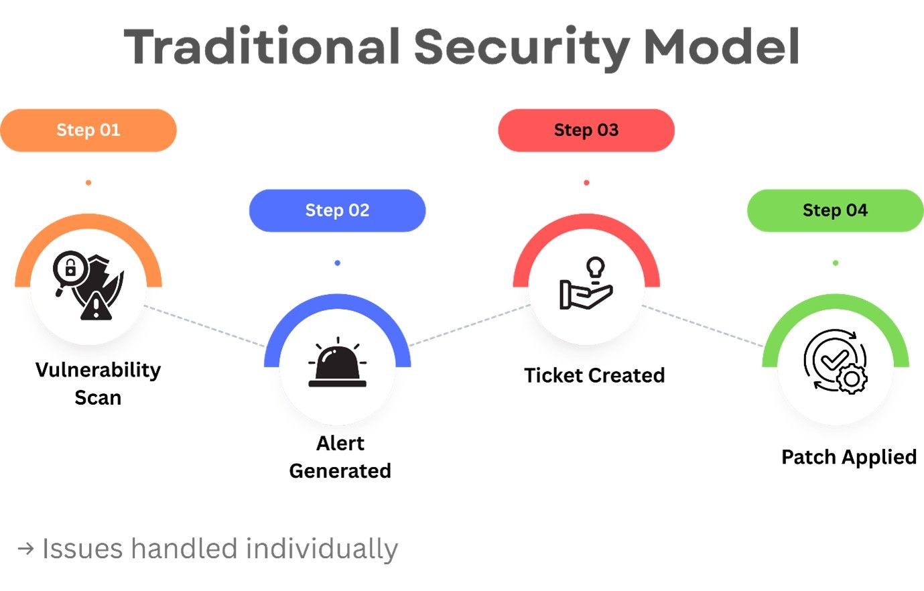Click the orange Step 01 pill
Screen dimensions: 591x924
(88, 130)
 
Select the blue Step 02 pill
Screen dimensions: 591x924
(337, 210)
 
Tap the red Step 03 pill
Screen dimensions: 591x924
(586, 130)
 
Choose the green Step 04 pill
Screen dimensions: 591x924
(835, 210)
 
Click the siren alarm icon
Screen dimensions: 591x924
(337, 365)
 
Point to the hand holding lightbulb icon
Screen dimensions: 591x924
(586, 284)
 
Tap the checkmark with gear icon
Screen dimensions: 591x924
(835, 361)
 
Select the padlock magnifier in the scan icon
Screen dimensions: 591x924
(69, 270)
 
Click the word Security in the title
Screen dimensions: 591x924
(522, 47)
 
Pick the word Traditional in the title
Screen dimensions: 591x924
(262, 47)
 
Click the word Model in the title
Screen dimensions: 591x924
(721, 47)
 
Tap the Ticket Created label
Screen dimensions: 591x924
(594, 375)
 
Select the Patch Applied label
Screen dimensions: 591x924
(849, 457)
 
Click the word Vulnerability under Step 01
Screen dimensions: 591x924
(98, 370)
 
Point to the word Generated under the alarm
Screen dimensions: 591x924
(340, 471)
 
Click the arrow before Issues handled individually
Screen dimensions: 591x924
(25, 549)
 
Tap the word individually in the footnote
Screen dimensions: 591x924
(322, 549)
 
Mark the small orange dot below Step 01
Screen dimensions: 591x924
(88, 183)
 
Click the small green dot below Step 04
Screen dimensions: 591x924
(836, 263)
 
